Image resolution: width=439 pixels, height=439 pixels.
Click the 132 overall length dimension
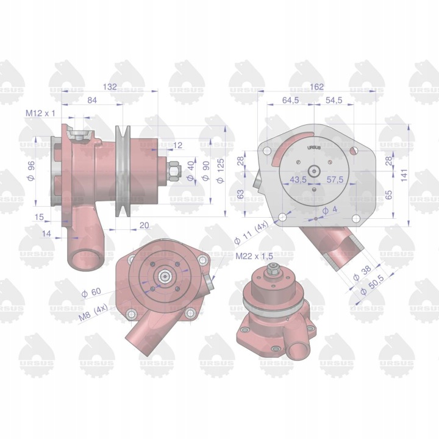[x=110, y=87]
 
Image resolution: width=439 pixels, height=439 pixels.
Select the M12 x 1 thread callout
[x=40, y=113]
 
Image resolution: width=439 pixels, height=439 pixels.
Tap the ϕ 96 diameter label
[x=31, y=171]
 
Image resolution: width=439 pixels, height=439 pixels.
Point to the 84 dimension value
[x=92, y=100]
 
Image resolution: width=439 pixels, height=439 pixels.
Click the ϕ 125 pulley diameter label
[x=220, y=171]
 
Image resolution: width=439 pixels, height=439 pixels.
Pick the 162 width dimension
[x=316, y=87]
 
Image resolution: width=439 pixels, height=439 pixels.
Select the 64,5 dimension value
[x=290, y=100]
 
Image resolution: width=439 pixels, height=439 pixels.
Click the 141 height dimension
[x=404, y=176]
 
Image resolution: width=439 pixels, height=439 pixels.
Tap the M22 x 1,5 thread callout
[x=254, y=256]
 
